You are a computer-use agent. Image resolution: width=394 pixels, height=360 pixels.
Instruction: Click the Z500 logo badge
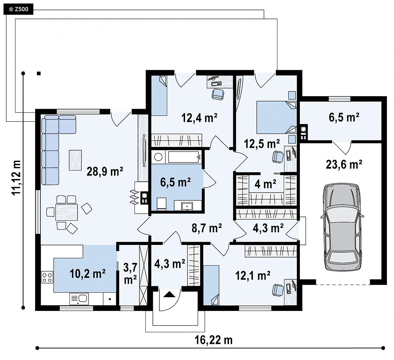(x=18, y=9)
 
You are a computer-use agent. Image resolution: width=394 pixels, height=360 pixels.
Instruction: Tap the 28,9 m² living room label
(x=105, y=172)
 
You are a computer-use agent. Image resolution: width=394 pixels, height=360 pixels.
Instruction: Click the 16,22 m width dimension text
(x=214, y=340)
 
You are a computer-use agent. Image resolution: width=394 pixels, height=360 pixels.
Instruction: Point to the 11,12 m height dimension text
(x=16, y=178)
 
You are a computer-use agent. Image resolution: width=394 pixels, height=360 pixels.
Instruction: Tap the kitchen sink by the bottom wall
(x=79, y=299)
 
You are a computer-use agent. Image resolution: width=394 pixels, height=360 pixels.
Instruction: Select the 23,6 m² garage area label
(x=344, y=165)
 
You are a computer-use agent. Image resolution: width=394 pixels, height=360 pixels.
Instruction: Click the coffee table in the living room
(x=75, y=160)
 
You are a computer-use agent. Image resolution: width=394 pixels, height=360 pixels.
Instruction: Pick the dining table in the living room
(x=67, y=212)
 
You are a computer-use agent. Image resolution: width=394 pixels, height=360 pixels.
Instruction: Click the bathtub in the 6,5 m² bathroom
(x=185, y=157)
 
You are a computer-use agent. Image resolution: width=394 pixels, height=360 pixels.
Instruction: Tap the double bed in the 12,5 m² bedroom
(x=277, y=117)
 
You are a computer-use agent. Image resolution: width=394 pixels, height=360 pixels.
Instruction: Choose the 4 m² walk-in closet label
(x=265, y=184)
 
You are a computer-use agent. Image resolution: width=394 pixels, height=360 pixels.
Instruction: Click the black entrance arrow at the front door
(x=169, y=294)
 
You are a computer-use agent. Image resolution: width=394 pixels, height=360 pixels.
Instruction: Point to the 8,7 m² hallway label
(x=206, y=228)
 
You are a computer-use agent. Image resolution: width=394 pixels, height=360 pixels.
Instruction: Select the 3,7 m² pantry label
(x=130, y=274)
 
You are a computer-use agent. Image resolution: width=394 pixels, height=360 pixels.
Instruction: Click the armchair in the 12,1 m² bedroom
(x=278, y=290)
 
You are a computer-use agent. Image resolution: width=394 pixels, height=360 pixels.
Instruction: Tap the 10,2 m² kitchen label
(x=87, y=274)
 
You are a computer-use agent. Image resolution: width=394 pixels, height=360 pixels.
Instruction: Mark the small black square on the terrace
(x=39, y=73)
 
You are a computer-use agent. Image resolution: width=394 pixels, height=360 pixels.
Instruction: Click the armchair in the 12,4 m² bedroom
(x=218, y=94)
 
